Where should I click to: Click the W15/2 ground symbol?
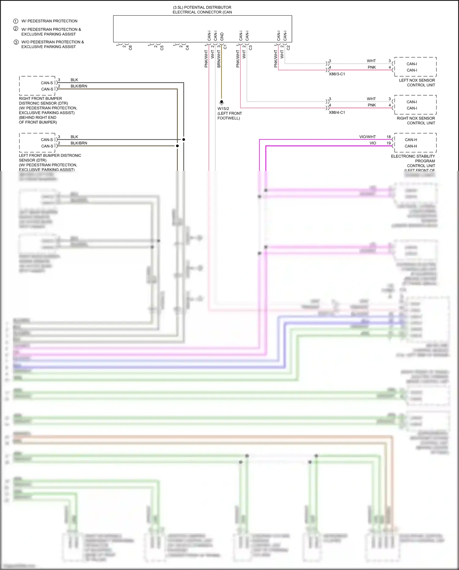tap(222, 102)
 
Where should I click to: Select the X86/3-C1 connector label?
tap(337, 74)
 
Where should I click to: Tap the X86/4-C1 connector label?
tap(337, 112)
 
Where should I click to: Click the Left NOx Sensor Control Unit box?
tap(415, 67)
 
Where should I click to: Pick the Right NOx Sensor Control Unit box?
tap(415, 105)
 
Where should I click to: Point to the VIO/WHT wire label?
tap(367, 137)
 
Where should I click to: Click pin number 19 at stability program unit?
tap(389, 143)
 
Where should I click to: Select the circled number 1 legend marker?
tap(16, 21)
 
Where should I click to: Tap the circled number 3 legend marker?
tap(16, 42)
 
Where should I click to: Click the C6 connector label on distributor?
tap(130, 48)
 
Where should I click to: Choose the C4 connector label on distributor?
tap(187, 48)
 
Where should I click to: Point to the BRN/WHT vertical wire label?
tap(219, 59)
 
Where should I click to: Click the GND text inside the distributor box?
tap(222, 36)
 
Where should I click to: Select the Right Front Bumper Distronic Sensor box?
tap(37, 86)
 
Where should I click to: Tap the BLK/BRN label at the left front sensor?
tap(79, 143)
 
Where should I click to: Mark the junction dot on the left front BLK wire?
tap(184, 139)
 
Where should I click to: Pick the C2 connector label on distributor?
tap(288, 48)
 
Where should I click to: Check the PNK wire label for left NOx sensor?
tap(371, 67)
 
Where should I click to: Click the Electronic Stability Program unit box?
tap(415, 143)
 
